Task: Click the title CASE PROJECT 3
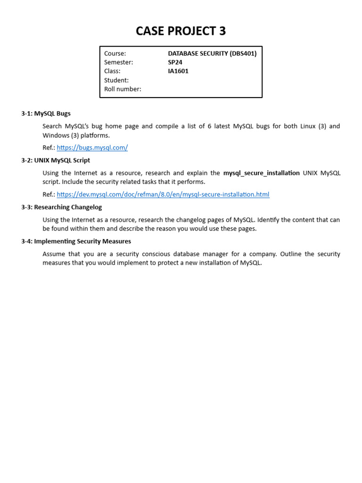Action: [181, 31]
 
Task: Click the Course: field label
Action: [115, 53]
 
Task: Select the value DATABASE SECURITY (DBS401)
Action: [212, 53]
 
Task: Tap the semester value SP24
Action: [174, 62]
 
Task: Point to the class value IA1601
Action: [178, 71]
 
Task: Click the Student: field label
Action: [116, 80]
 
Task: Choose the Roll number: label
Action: [123, 89]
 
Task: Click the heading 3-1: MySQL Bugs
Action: [46, 114]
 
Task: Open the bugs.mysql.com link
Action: [92, 148]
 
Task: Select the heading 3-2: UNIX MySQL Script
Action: [56, 160]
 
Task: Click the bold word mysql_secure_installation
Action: [261, 173]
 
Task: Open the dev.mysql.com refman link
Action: [163, 194]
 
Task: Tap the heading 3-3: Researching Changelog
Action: [61, 207]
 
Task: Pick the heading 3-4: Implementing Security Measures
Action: [76, 241]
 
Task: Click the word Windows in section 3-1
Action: [56, 135]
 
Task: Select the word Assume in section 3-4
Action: [53, 254]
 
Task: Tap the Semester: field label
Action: [119, 62]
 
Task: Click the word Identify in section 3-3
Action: [270, 220]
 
